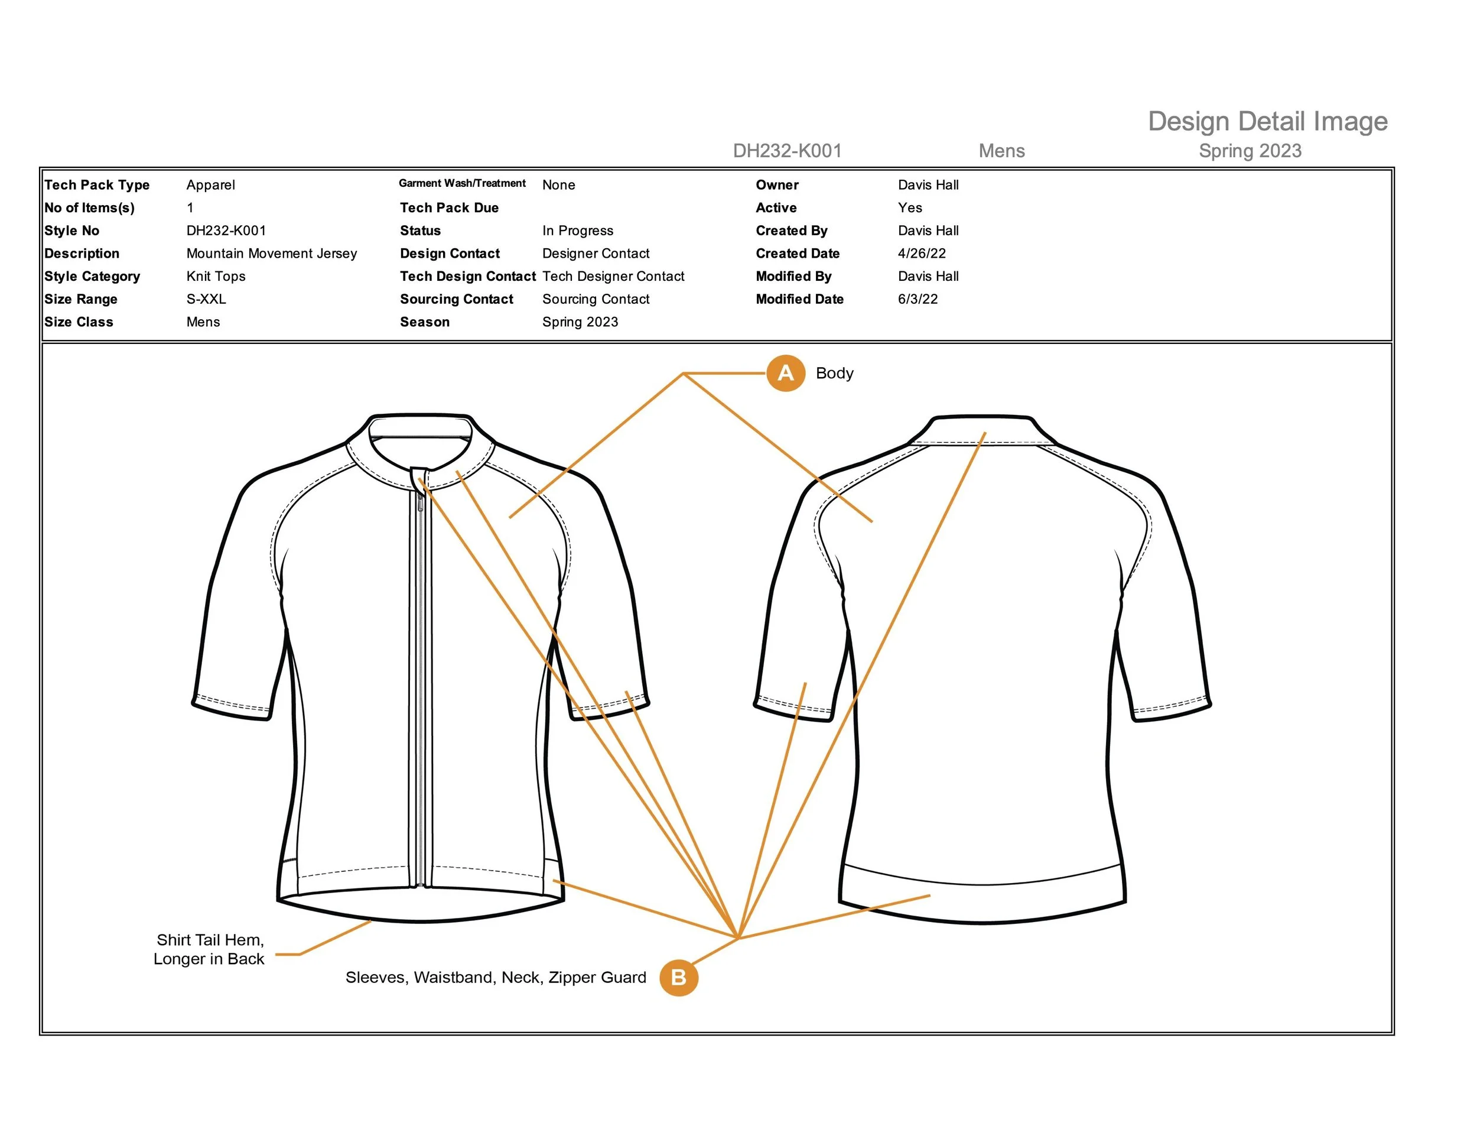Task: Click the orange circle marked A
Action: coord(785,373)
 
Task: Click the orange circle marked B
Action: coord(678,977)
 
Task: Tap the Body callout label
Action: coord(835,374)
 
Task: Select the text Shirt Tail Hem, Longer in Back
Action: coord(210,949)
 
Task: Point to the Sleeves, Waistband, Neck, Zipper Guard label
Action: coord(496,978)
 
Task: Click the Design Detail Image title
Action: coord(1267,122)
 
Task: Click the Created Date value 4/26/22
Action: coord(922,254)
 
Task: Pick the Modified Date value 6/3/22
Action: coord(918,299)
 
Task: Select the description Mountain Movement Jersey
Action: coord(271,254)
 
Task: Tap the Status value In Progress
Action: coord(578,231)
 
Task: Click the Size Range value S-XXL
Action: coord(206,299)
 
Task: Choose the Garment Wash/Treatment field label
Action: coord(462,183)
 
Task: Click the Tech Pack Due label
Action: coord(449,207)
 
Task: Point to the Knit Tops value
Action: coord(216,276)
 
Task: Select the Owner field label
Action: coord(777,184)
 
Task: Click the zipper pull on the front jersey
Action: coord(421,501)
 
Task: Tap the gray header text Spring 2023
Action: coord(1250,151)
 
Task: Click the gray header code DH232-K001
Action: coord(787,151)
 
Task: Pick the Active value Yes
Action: coord(910,207)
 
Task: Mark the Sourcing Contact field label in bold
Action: coord(457,299)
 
